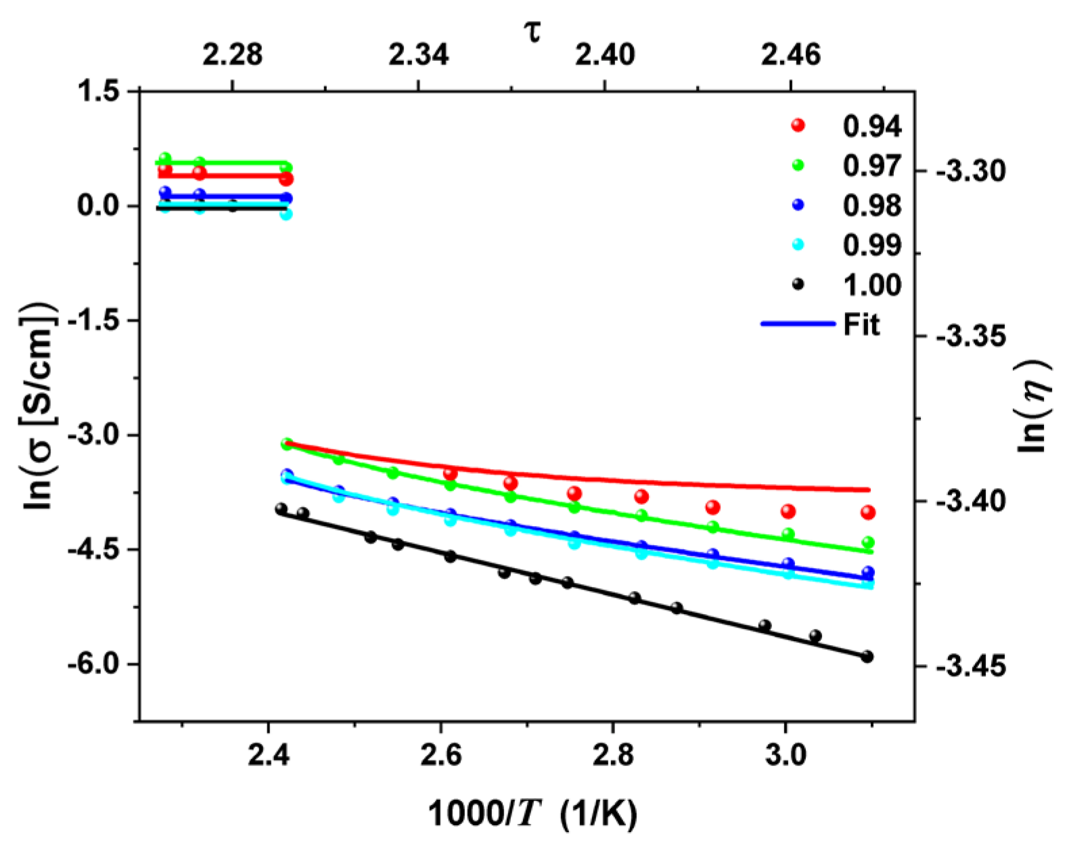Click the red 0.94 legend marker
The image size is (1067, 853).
pyautogui.click(x=798, y=125)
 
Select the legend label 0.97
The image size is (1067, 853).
pyautogui.click(x=871, y=166)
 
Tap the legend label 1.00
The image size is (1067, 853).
pyautogui.click(x=871, y=285)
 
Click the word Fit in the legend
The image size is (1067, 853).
pyautogui.click(x=861, y=325)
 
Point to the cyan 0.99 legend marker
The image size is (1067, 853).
pyautogui.click(x=798, y=245)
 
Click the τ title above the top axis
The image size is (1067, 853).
pyautogui.click(x=534, y=30)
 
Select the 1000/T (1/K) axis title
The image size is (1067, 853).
pyautogui.click(x=532, y=814)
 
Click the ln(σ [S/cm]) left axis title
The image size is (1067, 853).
pyautogui.click(x=41, y=406)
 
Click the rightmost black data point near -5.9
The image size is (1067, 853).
pyautogui.click(x=867, y=657)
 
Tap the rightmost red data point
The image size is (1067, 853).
pyautogui.click(x=868, y=512)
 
